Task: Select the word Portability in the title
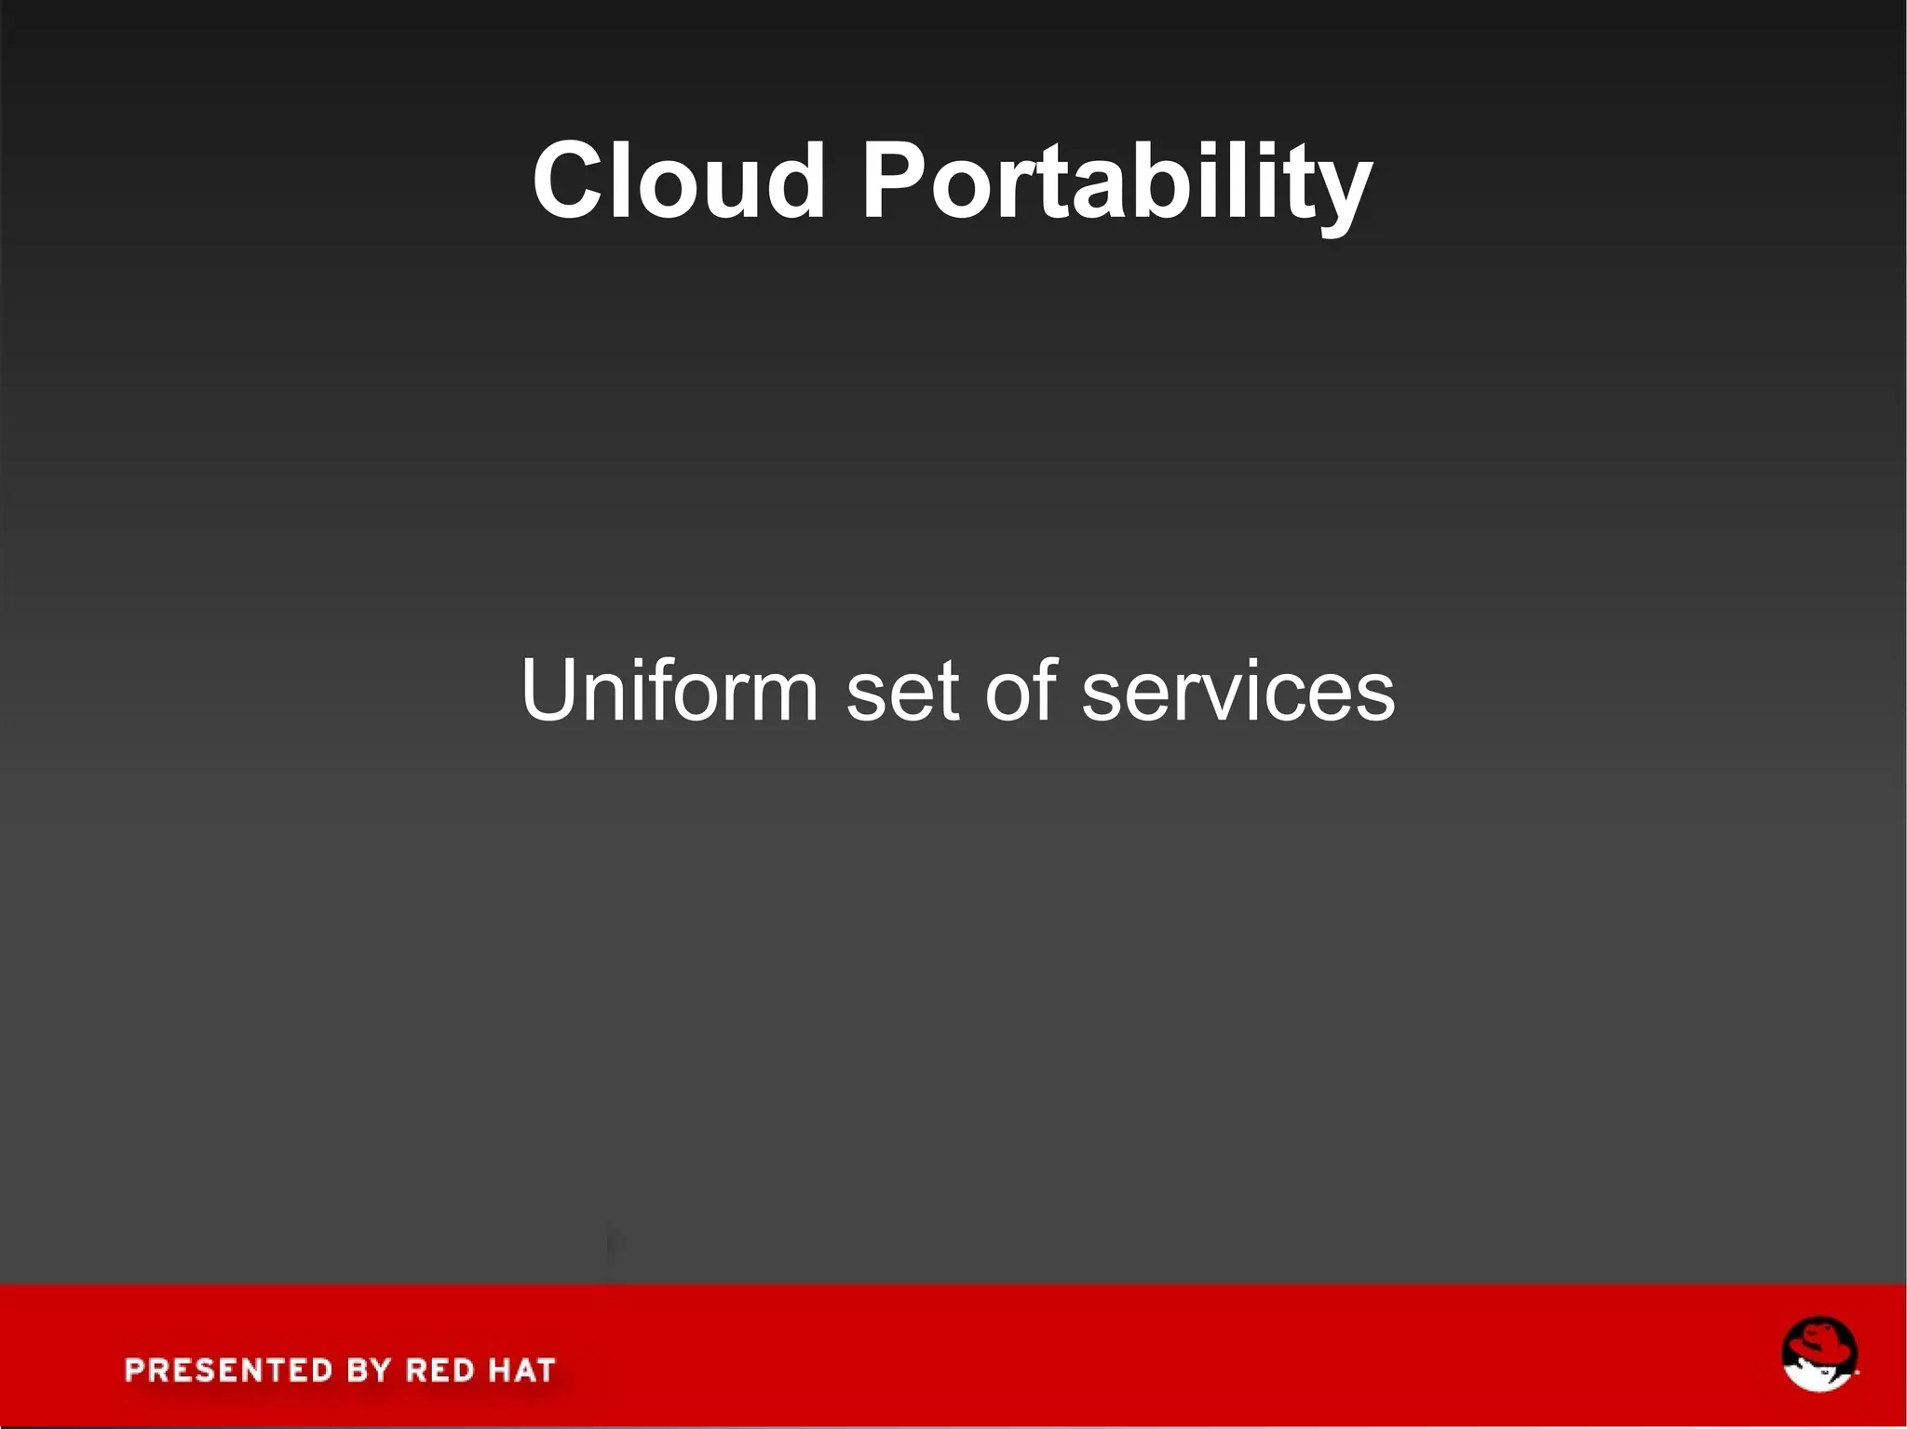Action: point(1116,182)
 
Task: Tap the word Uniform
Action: point(669,690)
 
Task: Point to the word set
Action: point(902,692)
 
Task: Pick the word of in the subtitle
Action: point(1021,690)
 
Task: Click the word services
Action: point(1238,692)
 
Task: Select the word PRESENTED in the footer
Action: point(229,1369)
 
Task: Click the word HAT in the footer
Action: point(521,1369)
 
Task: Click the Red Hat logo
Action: point(1819,1355)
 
